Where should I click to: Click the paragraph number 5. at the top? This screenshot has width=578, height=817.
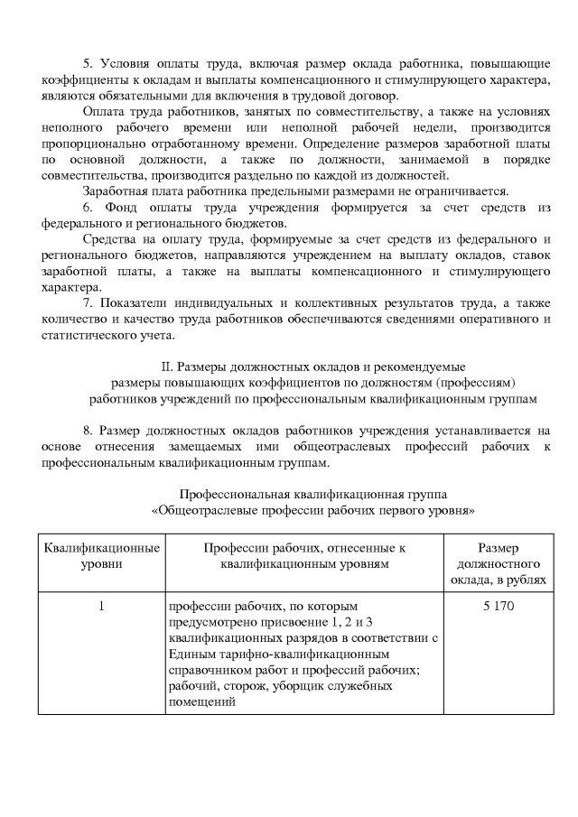tap(88, 63)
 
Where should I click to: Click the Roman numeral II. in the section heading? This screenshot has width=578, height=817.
tap(165, 367)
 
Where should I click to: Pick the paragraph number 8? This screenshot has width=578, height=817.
tap(88, 431)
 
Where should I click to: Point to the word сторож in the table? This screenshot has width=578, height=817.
tap(241, 687)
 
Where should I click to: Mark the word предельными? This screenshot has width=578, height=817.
tap(284, 190)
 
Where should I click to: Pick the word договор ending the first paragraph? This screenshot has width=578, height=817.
tap(386, 96)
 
